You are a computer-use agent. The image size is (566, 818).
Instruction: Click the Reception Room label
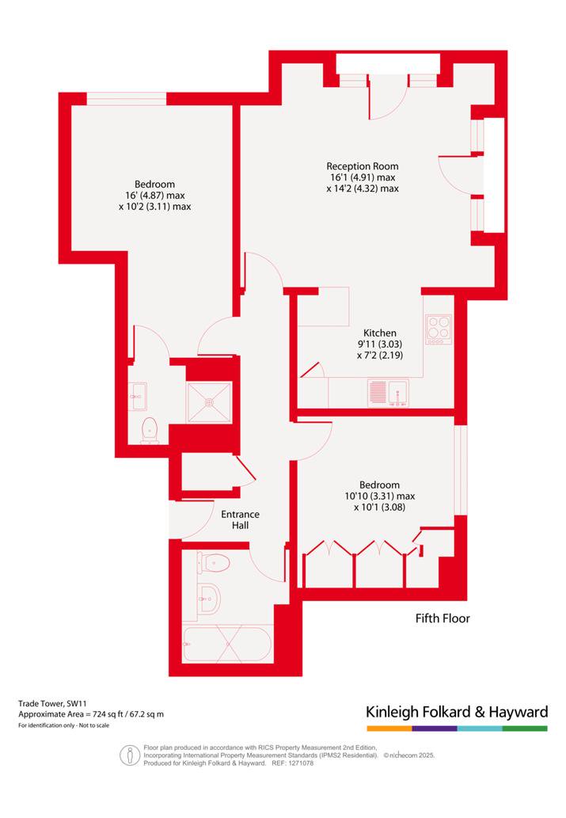click(x=362, y=166)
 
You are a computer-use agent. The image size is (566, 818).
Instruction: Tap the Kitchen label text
click(x=380, y=333)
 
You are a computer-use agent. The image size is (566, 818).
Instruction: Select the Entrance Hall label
click(x=240, y=519)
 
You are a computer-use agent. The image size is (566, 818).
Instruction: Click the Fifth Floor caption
click(x=443, y=618)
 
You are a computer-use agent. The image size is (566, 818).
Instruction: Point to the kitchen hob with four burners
click(x=439, y=329)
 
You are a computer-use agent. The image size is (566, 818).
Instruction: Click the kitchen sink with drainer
click(x=389, y=392)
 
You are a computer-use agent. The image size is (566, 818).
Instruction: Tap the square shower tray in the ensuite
click(x=209, y=402)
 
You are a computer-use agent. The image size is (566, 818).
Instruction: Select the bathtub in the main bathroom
click(x=227, y=643)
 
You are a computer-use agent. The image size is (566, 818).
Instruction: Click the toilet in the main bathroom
click(x=214, y=564)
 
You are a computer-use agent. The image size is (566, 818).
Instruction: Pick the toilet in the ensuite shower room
click(x=149, y=431)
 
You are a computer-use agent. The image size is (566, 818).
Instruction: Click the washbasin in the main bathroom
click(x=209, y=599)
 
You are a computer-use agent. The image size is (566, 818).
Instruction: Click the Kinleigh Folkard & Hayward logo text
click(x=457, y=712)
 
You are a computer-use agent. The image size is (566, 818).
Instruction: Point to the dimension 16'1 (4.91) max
click(x=363, y=177)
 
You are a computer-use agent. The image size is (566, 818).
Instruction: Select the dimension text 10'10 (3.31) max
click(x=380, y=497)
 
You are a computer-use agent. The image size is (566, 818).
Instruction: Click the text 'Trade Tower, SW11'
click(x=50, y=704)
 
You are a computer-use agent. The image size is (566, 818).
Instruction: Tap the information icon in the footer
click(x=130, y=755)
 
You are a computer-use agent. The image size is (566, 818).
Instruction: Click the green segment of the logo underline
click(x=526, y=729)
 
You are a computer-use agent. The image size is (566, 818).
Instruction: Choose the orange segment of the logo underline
click(x=389, y=729)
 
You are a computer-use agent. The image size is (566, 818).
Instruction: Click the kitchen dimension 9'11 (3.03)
click(x=380, y=344)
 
